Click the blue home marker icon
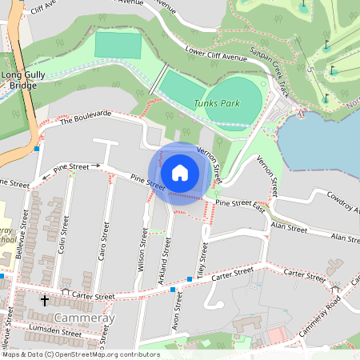[x=180, y=173]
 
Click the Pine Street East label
[x=240, y=205]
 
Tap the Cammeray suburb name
[x=84, y=318]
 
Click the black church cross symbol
[x=44, y=301]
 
